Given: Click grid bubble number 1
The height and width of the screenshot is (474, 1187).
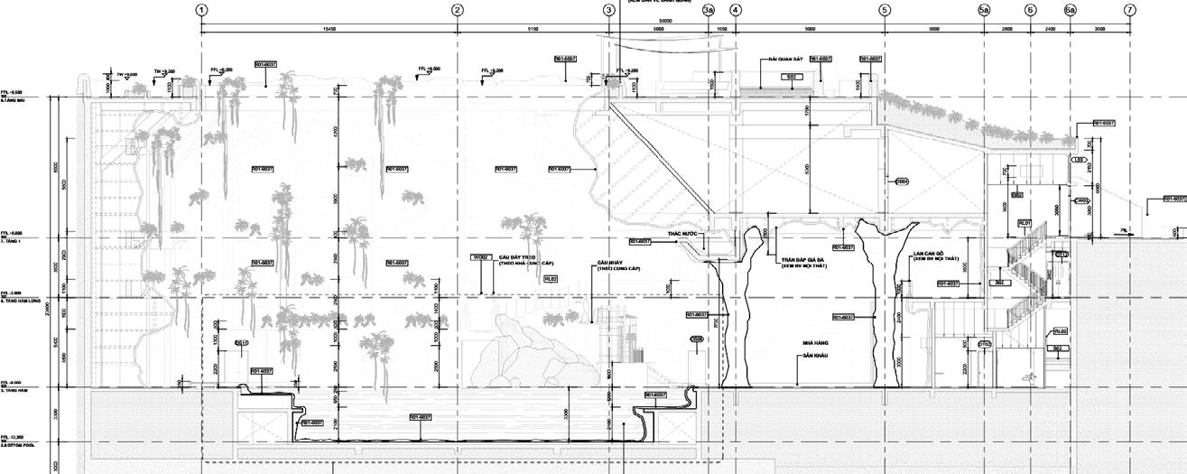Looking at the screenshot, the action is tap(201, 10).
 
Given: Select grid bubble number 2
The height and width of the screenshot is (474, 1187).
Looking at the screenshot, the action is tap(458, 10).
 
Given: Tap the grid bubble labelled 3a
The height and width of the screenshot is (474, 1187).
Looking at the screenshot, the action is tap(709, 10).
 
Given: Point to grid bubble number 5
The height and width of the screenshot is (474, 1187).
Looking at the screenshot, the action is tap(885, 10).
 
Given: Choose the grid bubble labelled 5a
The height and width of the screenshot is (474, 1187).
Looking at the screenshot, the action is tap(985, 10).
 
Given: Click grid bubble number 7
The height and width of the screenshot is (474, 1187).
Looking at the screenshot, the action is tap(1129, 10).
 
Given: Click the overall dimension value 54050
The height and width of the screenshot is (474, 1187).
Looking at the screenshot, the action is tap(665, 21).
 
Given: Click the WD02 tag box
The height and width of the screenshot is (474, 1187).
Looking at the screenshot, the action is tap(481, 257).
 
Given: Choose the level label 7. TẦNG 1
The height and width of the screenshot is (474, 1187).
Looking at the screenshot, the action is tap(13, 242).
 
